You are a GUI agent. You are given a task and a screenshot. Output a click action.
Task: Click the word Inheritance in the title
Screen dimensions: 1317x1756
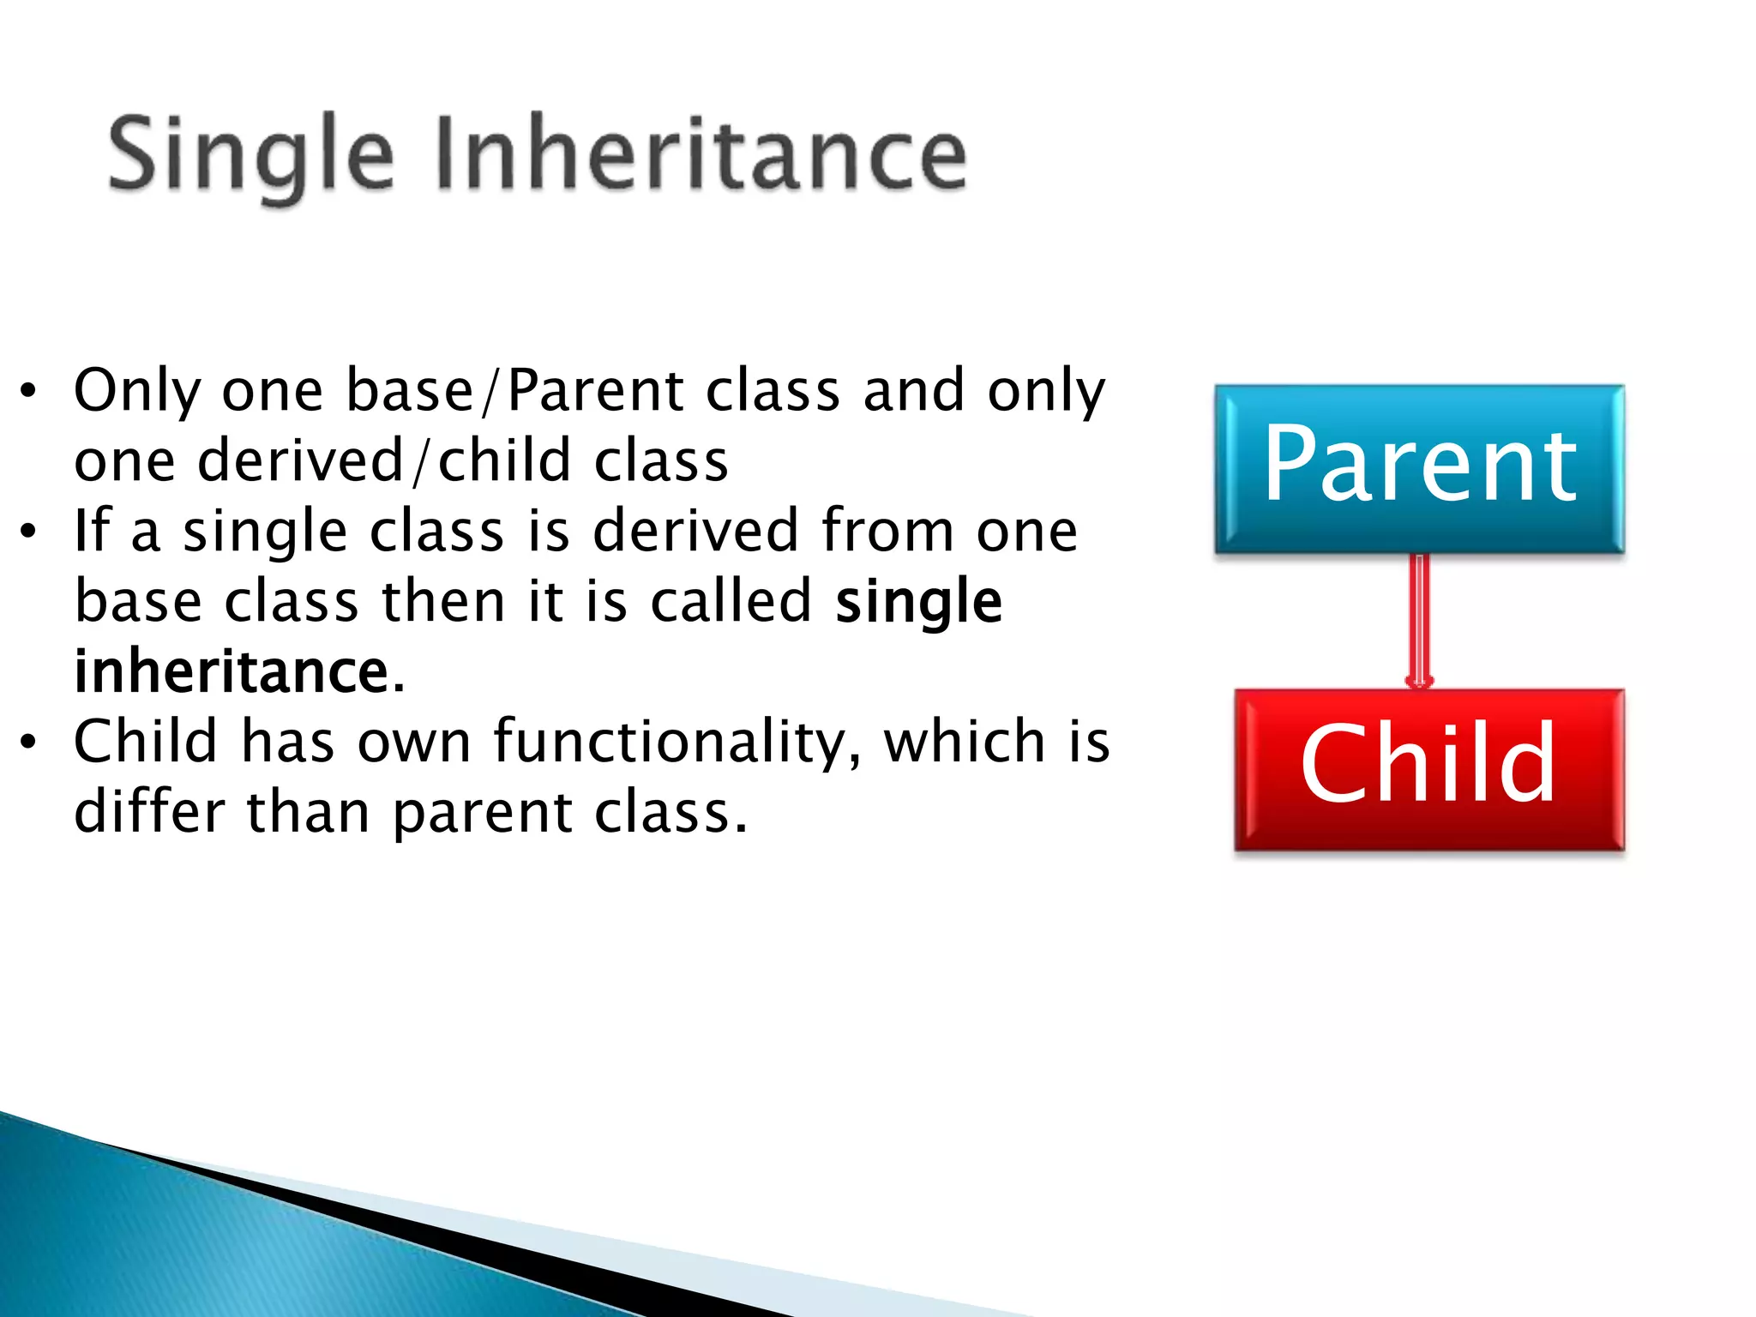tap(701, 154)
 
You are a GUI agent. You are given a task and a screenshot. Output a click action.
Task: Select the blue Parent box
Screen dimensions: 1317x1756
tap(1419, 467)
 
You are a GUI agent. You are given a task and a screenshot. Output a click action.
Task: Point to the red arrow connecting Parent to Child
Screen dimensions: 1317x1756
tap(1420, 619)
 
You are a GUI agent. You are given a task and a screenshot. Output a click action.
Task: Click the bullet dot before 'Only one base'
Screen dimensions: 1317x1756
tap(28, 392)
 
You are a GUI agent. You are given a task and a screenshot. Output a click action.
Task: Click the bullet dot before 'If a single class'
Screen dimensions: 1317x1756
tap(28, 532)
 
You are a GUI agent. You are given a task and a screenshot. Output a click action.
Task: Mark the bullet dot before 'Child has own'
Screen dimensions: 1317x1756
tap(28, 743)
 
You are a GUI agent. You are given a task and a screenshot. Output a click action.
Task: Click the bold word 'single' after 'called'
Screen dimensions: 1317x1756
tap(918, 601)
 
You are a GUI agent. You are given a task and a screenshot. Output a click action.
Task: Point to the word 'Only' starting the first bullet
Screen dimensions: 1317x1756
tap(137, 390)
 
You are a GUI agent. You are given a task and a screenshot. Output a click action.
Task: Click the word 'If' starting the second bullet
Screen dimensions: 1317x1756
tap(92, 531)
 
